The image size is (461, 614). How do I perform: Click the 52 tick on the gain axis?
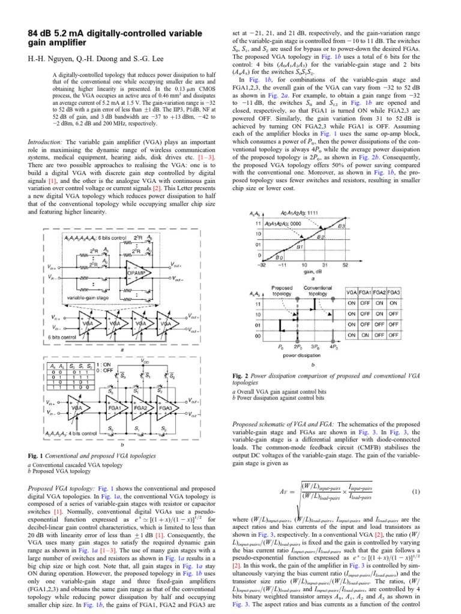tap(346, 265)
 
